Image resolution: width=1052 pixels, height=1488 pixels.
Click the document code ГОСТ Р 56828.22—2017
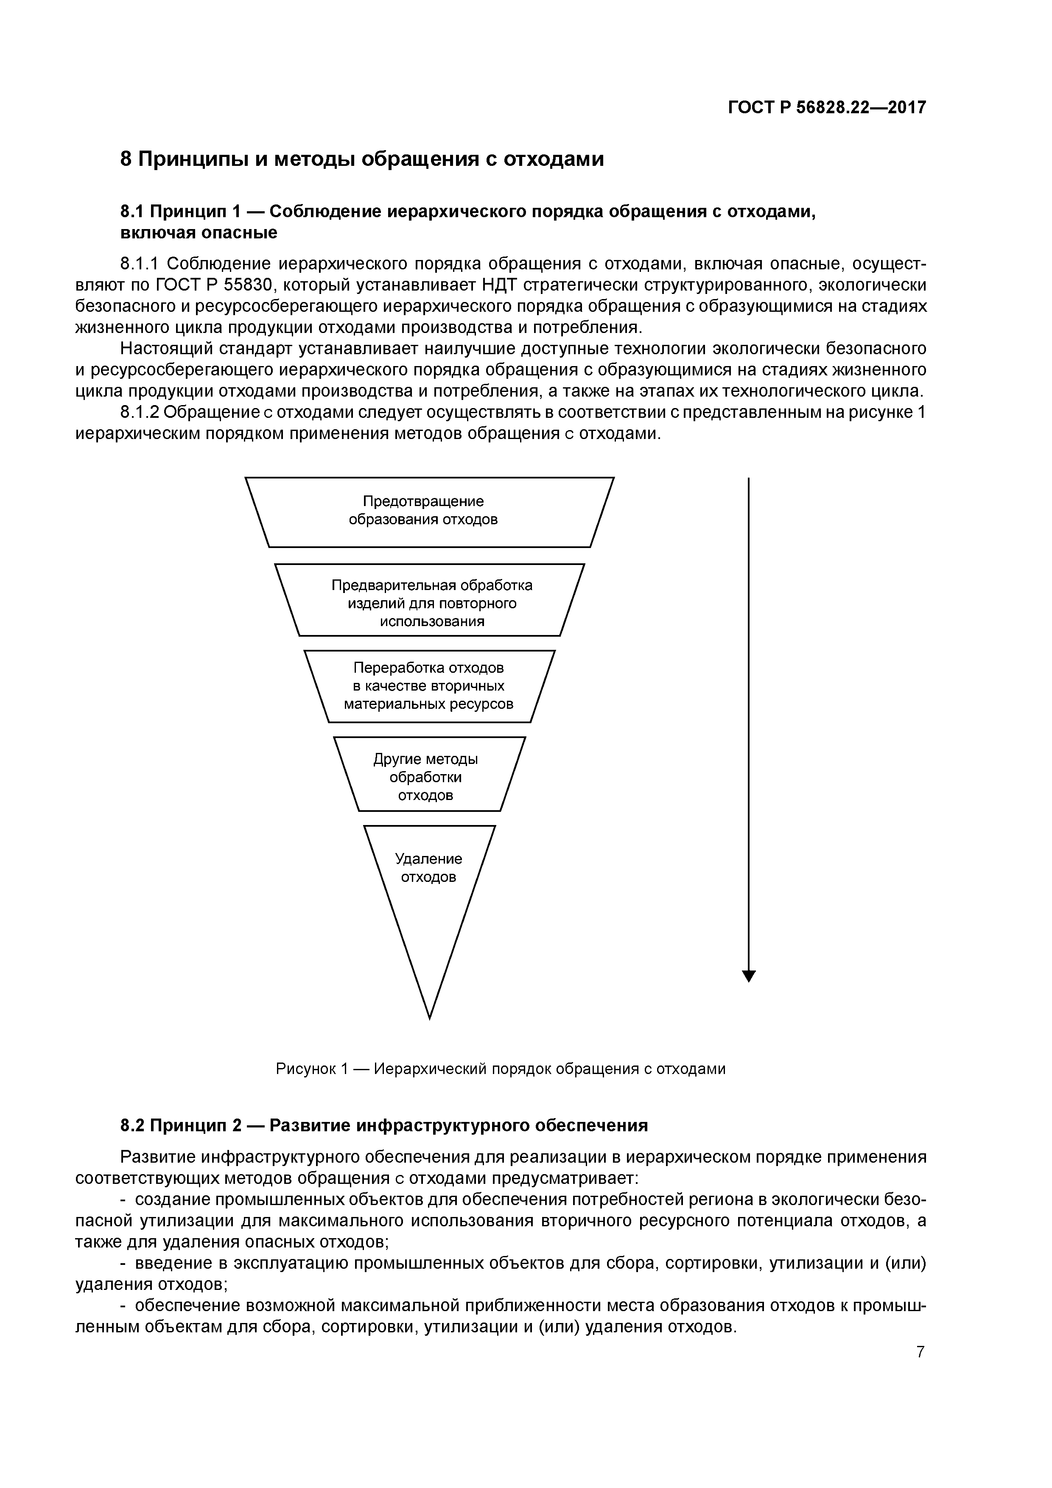[826, 108]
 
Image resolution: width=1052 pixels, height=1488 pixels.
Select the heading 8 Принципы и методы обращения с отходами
[362, 159]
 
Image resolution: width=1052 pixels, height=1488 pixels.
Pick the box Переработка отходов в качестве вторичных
[429, 685]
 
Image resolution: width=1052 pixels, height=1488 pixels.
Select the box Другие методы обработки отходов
[429, 775]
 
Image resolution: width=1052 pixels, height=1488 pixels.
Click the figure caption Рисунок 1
[501, 1068]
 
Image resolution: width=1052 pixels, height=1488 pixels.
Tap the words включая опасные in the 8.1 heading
[199, 233]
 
